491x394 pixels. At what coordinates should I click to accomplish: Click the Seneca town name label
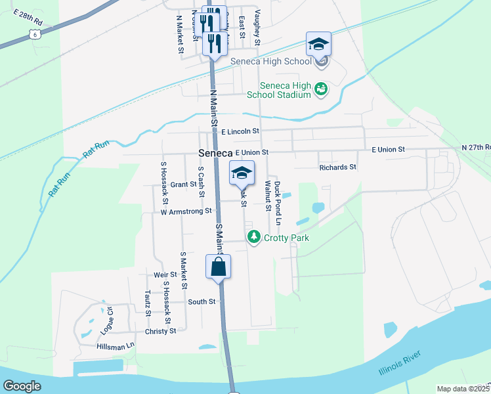pyautogui.click(x=215, y=153)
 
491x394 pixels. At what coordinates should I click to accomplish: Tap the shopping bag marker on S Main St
pyautogui.click(x=218, y=267)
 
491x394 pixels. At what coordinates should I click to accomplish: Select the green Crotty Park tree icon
pyautogui.click(x=254, y=237)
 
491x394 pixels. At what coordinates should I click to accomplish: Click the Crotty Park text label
pyautogui.click(x=286, y=238)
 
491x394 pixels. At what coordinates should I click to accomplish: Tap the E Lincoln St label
pyautogui.click(x=240, y=132)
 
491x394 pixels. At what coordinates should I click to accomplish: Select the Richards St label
pyautogui.click(x=337, y=167)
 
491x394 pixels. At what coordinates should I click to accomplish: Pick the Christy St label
pyautogui.click(x=160, y=331)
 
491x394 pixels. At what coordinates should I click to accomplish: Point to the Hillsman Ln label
pyautogui.click(x=115, y=345)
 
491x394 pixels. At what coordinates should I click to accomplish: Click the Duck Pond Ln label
pyautogui.click(x=277, y=200)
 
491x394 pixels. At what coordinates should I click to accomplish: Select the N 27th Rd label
pyautogui.click(x=476, y=148)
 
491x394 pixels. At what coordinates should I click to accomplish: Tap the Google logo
pyautogui.click(x=22, y=386)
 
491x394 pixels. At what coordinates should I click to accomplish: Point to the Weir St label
pyautogui.click(x=165, y=274)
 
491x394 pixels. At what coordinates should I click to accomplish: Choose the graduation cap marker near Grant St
pyautogui.click(x=242, y=173)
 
